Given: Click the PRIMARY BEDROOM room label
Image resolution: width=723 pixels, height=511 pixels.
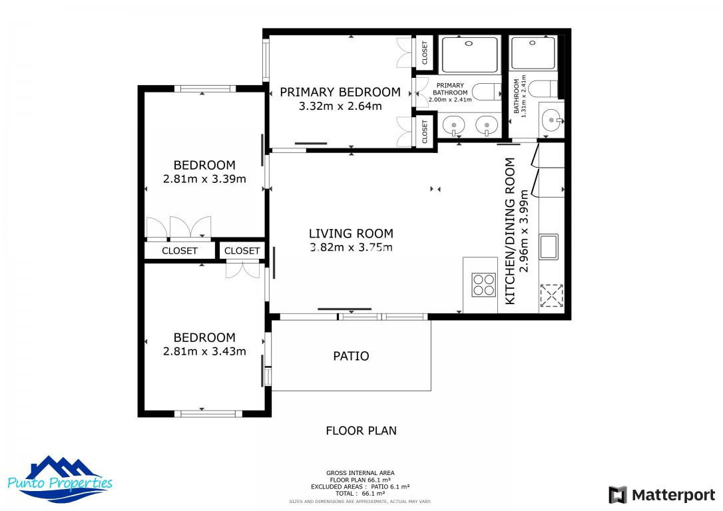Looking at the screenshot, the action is coord(340,92).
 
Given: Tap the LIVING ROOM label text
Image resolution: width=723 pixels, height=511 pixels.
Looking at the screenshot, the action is coord(351,234).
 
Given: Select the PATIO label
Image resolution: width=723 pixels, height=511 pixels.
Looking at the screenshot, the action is coord(351,356).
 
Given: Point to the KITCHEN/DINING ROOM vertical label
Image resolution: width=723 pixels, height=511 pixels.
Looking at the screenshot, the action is coord(510,231).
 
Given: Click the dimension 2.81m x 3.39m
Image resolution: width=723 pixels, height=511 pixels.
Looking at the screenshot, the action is coord(204,179).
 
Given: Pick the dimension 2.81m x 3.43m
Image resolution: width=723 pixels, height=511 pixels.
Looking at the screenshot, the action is coord(204,351).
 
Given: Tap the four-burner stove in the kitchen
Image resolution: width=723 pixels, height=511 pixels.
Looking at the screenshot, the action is coord(484,284).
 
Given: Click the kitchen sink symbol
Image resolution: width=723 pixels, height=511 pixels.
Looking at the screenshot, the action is coord(549,247).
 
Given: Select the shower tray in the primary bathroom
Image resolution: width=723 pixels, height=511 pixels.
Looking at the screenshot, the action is coord(470,55).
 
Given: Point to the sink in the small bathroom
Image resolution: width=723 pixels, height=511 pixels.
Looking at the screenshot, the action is coord(551,120).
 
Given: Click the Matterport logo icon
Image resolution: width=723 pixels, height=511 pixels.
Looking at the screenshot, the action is coord(617,495).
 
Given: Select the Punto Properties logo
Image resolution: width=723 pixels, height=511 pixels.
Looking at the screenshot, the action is coord(60,479).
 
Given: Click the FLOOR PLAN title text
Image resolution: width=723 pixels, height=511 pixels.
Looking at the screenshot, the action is coord(361,431).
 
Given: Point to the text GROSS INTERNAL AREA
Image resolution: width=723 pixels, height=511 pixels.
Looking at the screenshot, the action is coord(360,473).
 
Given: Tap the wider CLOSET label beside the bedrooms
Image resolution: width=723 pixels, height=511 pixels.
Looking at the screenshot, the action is coord(179,251).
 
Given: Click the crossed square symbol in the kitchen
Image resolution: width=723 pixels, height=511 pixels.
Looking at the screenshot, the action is coord(551,295).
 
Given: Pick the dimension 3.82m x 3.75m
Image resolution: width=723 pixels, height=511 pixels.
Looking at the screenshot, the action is coord(351,248).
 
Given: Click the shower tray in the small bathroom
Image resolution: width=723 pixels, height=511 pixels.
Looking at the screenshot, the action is coord(533,53).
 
